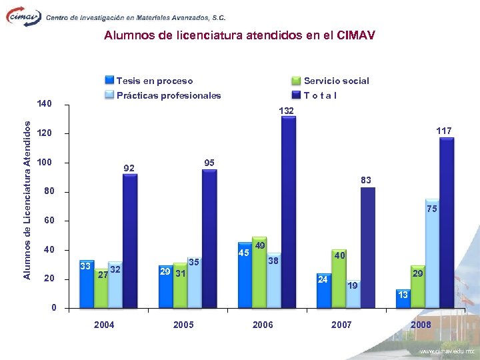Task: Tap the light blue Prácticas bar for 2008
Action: [432, 253]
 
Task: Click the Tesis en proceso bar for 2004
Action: [87, 284]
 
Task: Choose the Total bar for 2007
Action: [368, 247]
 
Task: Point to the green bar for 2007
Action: [339, 279]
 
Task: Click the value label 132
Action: [287, 110]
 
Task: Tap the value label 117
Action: [444, 131]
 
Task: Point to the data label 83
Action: [366, 180]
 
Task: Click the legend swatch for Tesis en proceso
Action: [109, 81]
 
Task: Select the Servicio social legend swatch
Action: [296, 81]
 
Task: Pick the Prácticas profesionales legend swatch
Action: [109, 95]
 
